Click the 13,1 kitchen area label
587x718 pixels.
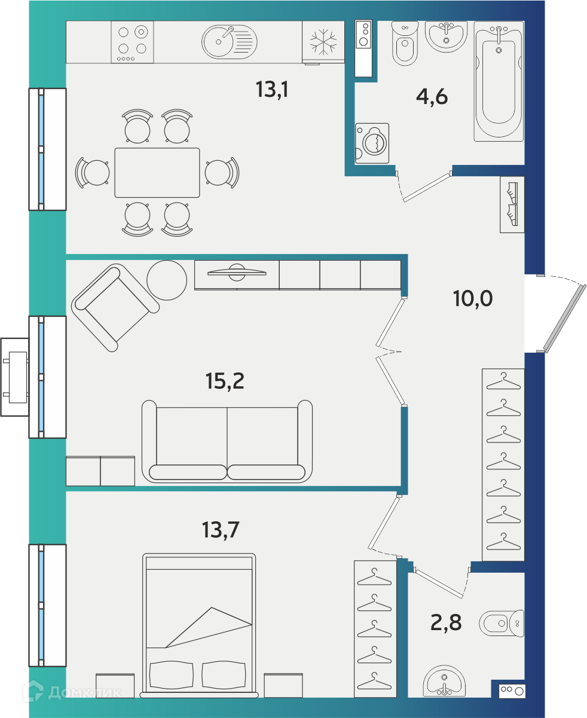pyautogui.click(x=272, y=90)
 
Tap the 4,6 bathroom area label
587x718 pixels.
pyautogui.click(x=432, y=97)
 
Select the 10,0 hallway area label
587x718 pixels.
pyautogui.click(x=473, y=298)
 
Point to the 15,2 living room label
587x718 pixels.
pyautogui.click(x=225, y=381)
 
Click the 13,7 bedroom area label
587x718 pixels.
pyautogui.click(x=221, y=530)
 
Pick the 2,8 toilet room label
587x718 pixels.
pyautogui.click(x=446, y=622)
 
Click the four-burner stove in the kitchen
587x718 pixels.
pyautogui.click(x=132, y=42)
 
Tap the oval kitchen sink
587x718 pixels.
pyautogui.click(x=229, y=42)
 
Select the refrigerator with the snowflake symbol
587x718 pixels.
pyautogui.click(x=323, y=42)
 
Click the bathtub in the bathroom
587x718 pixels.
pyautogui.click(x=499, y=81)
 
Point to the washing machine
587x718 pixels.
pyautogui.click(x=372, y=143)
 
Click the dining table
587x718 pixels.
pyautogui.click(x=157, y=173)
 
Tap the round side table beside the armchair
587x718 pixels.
pyautogui.click(x=167, y=280)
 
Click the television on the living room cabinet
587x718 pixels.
pyautogui.click(x=237, y=273)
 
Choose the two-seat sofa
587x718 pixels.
pyautogui.click(x=227, y=441)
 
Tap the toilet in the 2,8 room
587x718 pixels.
pyautogui.click(x=502, y=624)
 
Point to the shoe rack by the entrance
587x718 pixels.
pyautogui.click(x=512, y=204)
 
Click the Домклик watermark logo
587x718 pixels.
pyautogui.click(x=72, y=692)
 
